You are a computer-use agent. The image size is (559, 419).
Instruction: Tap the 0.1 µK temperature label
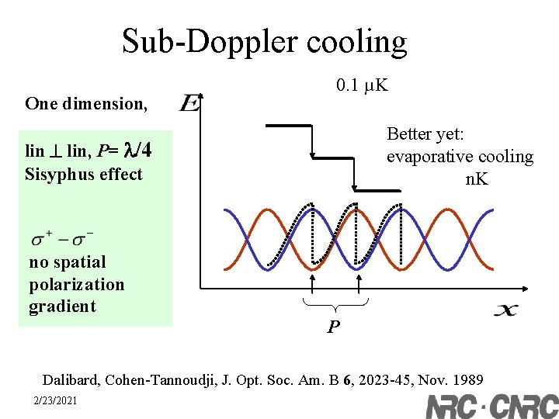point(362,85)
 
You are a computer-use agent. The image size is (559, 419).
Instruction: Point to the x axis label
point(505,310)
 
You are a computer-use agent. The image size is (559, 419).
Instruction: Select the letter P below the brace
point(333,327)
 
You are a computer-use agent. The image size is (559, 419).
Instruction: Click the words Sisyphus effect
point(84,174)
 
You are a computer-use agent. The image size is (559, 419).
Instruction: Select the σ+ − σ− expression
point(63,234)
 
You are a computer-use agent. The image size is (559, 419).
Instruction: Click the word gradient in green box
point(62,306)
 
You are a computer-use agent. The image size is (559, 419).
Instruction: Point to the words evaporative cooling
point(460,157)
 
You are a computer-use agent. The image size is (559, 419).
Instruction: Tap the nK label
point(476,179)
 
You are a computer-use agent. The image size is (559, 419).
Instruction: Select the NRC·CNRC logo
point(491,405)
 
